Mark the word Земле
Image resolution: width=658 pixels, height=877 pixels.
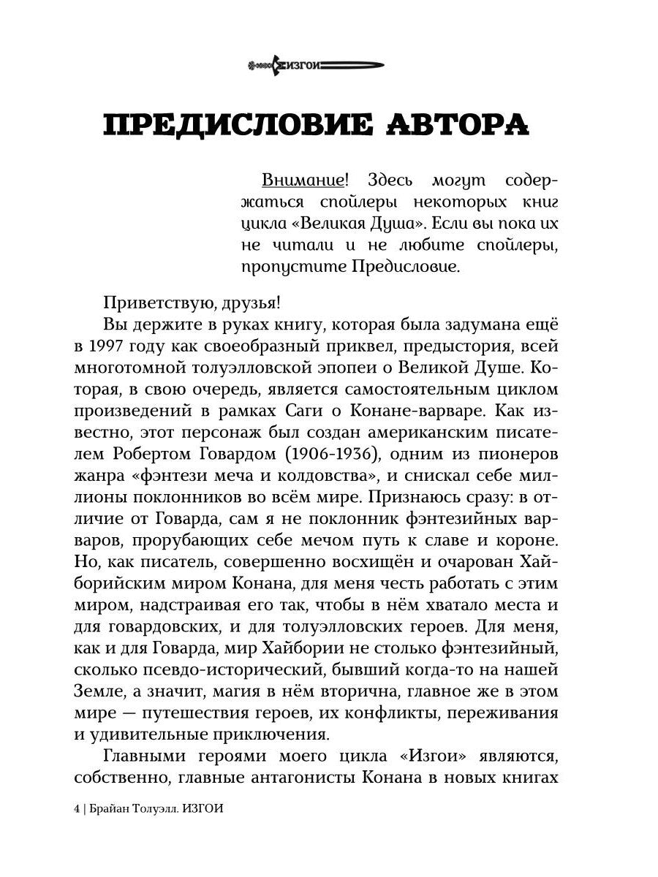128,691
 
